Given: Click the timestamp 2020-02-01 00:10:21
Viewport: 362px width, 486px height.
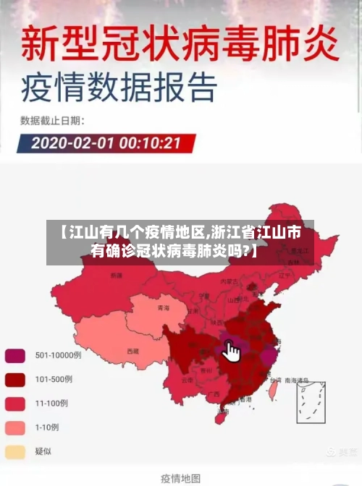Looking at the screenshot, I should (x=105, y=142).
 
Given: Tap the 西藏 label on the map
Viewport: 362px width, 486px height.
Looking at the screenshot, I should (x=132, y=351).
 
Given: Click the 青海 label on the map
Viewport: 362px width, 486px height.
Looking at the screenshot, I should (x=163, y=308).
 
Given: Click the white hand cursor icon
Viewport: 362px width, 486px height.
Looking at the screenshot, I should (x=232, y=352).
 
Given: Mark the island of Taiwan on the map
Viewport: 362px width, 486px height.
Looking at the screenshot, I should (x=273, y=390).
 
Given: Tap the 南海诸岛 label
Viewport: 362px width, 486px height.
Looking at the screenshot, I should (x=296, y=380).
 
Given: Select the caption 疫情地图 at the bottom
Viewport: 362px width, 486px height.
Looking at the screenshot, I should (x=181, y=477).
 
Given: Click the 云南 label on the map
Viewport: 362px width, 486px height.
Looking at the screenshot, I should (x=187, y=380).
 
